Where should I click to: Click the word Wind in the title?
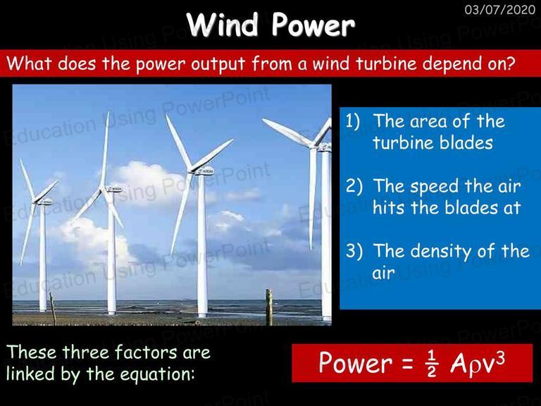click(223, 25)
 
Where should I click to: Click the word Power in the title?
click(313, 25)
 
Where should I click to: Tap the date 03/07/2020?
click(500, 10)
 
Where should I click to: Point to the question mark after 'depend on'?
click(511, 63)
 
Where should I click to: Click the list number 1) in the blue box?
click(353, 121)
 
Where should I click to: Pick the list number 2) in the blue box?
click(354, 186)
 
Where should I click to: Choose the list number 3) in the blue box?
click(354, 251)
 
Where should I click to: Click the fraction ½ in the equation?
click(431, 364)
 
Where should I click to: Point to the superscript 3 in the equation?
click(500, 358)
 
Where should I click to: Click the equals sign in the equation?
click(407, 363)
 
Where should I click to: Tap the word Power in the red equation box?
click(356, 362)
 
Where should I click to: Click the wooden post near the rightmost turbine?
click(269, 307)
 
